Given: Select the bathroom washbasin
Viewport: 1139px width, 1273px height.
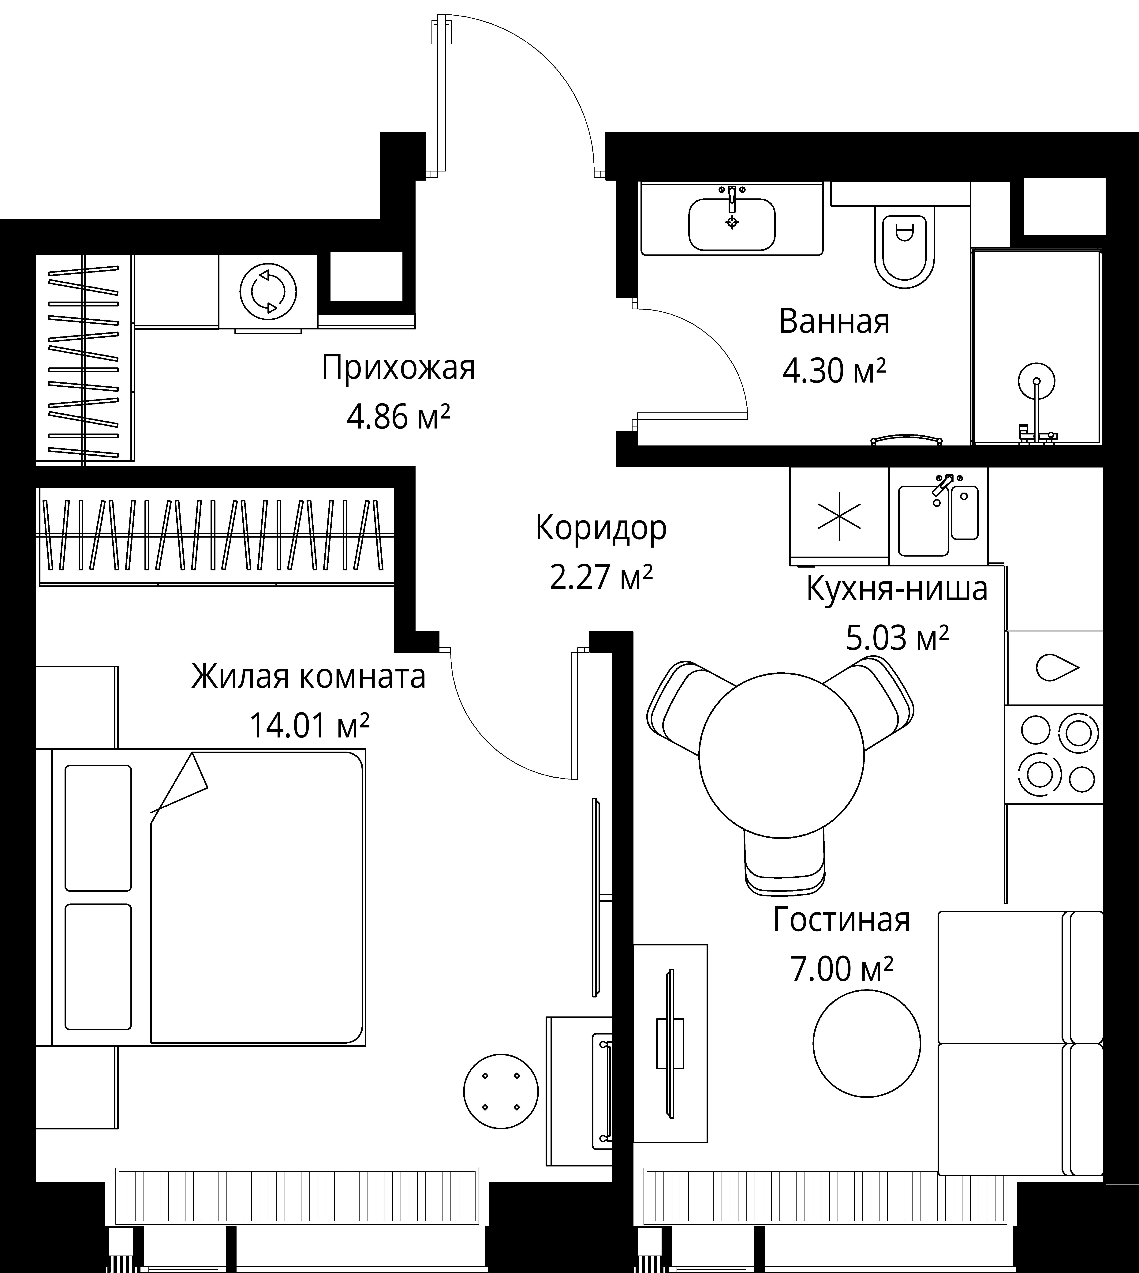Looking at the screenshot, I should (x=732, y=224).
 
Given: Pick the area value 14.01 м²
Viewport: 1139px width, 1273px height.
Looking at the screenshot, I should (x=309, y=725).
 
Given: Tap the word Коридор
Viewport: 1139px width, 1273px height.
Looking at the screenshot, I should (x=601, y=528).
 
